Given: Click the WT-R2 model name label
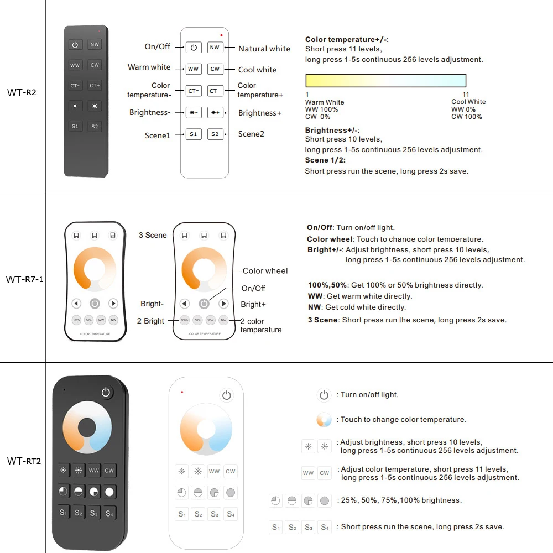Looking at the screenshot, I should (x=22, y=92).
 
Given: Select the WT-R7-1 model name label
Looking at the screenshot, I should (x=24, y=279).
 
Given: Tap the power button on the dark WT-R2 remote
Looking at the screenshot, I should (x=75, y=45).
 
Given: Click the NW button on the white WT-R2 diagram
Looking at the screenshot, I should (x=215, y=48).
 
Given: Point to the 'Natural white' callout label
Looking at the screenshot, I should (x=264, y=49).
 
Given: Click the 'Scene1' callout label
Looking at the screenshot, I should (x=158, y=135).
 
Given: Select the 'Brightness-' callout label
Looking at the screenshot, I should (x=149, y=112).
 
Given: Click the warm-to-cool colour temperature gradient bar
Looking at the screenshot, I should (x=385, y=81).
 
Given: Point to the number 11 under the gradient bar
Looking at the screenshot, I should (x=466, y=95).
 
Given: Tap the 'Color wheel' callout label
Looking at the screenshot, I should (x=265, y=271).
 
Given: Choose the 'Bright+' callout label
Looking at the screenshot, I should (x=253, y=304).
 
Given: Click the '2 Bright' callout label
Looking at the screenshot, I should (x=150, y=321).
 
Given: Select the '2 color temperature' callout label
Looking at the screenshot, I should (x=260, y=325).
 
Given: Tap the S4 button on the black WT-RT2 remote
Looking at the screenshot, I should (x=109, y=513).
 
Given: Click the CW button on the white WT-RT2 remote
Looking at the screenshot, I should (x=231, y=472).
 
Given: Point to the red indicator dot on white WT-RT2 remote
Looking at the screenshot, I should (x=182, y=392).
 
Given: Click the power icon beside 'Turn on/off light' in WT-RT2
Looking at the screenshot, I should (x=324, y=395).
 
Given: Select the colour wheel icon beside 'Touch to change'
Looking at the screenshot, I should (x=324, y=420).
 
